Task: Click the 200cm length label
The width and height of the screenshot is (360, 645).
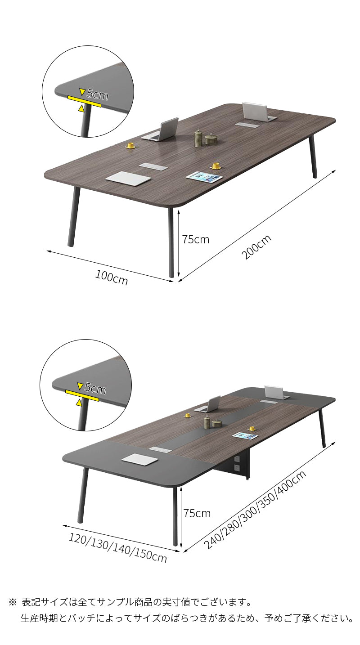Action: click(x=256, y=247)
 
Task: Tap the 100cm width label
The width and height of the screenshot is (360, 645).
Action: click(x=112, y=278)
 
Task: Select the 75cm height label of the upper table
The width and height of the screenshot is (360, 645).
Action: click(x=196, y=240)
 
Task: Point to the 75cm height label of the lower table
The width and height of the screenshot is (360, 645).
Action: click(x=197, y=513)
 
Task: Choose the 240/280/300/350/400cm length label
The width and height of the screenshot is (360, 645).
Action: click(x=255, y=510)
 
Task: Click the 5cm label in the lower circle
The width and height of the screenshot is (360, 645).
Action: click(x=95, y=388)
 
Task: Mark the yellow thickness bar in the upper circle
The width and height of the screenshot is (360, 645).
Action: click(x=85, y=101)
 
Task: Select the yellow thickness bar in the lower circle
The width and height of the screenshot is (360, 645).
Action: click(x=82, y=395)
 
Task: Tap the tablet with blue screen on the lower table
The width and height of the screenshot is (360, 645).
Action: click(x=244, y=436)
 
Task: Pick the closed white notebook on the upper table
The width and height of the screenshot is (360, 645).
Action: click(x=128, y=177)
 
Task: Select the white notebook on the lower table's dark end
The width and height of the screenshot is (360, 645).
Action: click(x=139, y=459)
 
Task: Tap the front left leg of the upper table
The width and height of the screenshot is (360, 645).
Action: click(x=74, y=216)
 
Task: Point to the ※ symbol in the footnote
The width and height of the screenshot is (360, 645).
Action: click(x=13, y=602)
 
